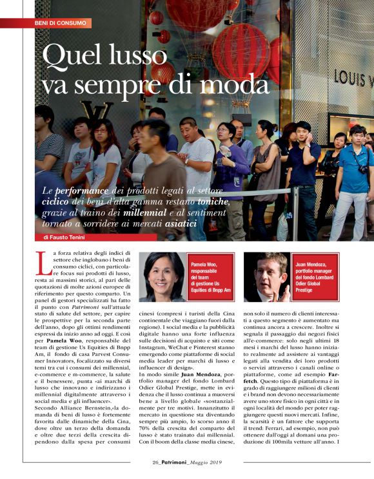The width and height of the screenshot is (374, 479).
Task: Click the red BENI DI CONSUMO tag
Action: (61, 23)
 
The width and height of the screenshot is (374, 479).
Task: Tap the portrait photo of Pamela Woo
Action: (162, 277)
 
